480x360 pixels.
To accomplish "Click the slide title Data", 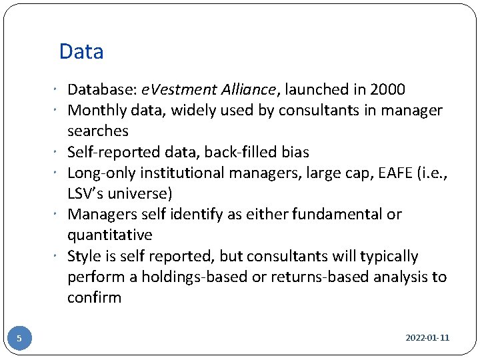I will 81,51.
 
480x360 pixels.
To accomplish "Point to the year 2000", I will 386,90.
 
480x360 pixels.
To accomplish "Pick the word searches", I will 98,131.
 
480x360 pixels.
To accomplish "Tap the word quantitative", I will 110,235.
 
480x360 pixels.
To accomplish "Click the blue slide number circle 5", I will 19,338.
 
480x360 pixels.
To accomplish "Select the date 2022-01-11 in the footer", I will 427,338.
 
